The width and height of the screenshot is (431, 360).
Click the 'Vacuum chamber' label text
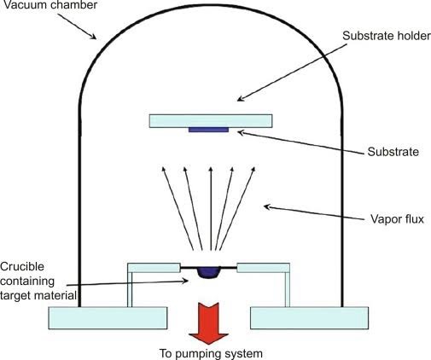(50, 5)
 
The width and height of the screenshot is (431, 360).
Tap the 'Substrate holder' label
(387, 36)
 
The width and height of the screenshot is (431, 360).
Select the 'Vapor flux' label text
(397, 219)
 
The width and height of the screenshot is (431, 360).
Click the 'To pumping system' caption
(211, 353)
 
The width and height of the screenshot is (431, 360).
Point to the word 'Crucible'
(22, 267)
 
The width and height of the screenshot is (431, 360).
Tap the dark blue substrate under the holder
(208, 130)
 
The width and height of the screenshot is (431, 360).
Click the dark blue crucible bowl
(209, 272)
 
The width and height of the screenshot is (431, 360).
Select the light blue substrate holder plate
(211, 121)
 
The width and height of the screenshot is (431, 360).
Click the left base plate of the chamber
(108, 318)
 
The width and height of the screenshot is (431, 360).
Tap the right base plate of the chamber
(310, 318)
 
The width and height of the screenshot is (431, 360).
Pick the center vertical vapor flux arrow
(211, 208)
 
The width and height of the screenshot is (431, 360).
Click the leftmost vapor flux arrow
(178, 208)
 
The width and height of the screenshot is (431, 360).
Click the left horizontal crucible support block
(154, 268)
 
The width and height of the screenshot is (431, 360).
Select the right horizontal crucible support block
(264, 268)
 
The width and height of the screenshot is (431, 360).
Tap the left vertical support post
(130, 289)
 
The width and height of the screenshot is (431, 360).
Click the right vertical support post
(288, 289)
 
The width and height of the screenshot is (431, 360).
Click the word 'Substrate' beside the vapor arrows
(393, 152)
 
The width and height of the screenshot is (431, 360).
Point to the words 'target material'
(38, 295)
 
